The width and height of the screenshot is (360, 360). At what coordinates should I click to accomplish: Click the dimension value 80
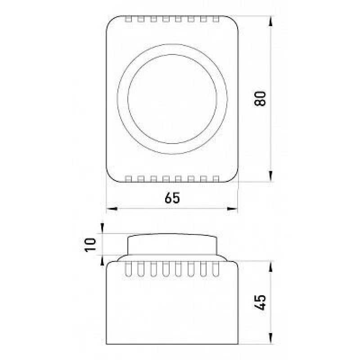[260, 99]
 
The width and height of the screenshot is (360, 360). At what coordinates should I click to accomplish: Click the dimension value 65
[172, 198]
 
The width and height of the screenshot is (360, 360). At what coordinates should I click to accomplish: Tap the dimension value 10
[90, 245]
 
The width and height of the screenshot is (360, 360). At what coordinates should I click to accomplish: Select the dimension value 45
[260, 302]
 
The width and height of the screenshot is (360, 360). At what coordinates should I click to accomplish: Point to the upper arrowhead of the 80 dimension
[271, 21]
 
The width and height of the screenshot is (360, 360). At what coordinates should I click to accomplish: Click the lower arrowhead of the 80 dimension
[271, 176]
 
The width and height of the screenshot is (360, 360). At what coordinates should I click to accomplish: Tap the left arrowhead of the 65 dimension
[112, 208]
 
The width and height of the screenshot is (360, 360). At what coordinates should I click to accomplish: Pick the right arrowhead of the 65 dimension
[232, 208]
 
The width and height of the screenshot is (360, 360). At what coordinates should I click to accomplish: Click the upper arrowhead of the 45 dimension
[271, 266]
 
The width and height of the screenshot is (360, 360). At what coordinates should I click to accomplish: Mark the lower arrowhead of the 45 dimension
[271, 338]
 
